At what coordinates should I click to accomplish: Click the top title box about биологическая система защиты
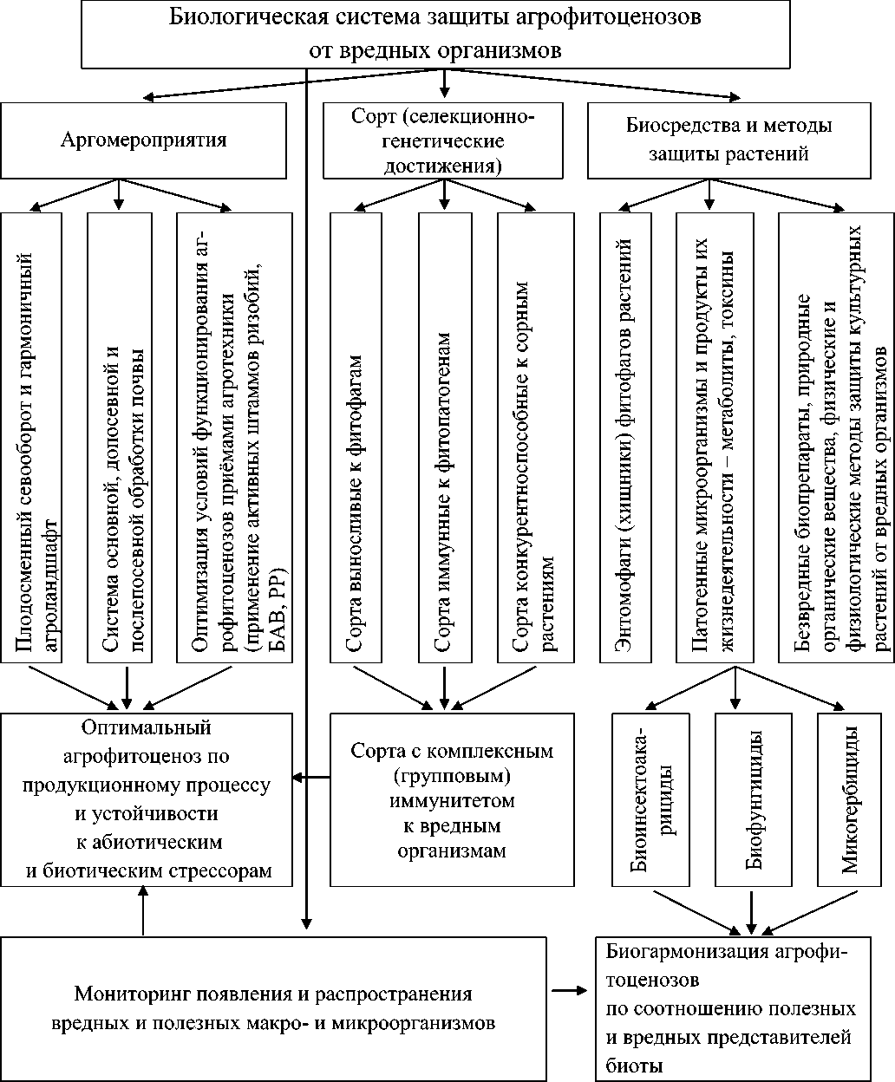tap(446, 34)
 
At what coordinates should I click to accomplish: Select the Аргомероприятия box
tap(144, 140)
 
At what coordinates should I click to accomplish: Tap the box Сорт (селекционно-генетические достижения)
tap(443, 140)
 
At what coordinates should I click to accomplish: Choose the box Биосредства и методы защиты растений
tap(728, 140)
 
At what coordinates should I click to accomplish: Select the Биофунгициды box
tap(752, 799)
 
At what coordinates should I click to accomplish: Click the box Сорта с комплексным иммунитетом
tap(452, 799)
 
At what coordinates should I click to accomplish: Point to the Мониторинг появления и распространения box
tap(273, 1008)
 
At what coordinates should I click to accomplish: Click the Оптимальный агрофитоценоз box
tap(148, 799)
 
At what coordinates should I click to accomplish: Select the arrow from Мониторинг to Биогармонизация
tap(569, 991)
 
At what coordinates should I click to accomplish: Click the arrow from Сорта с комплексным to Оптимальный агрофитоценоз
tap(313, 776)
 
